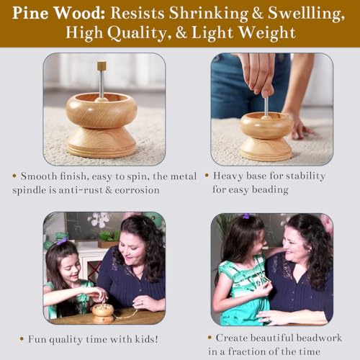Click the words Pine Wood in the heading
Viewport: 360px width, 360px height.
(58, 13)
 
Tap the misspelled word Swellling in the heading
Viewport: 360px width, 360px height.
(306, 14)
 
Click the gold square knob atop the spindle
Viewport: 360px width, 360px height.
(102, 66)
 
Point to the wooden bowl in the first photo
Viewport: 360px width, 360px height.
(102, 110)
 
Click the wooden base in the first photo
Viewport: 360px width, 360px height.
(102, 143)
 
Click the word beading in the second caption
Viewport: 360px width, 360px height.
(270, 190)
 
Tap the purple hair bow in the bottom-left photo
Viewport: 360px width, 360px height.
(63, 240)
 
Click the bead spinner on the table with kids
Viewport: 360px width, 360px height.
(103, 313)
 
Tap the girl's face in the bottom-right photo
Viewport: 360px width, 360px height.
(258, 243)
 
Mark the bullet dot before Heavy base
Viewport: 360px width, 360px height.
(207, 176)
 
